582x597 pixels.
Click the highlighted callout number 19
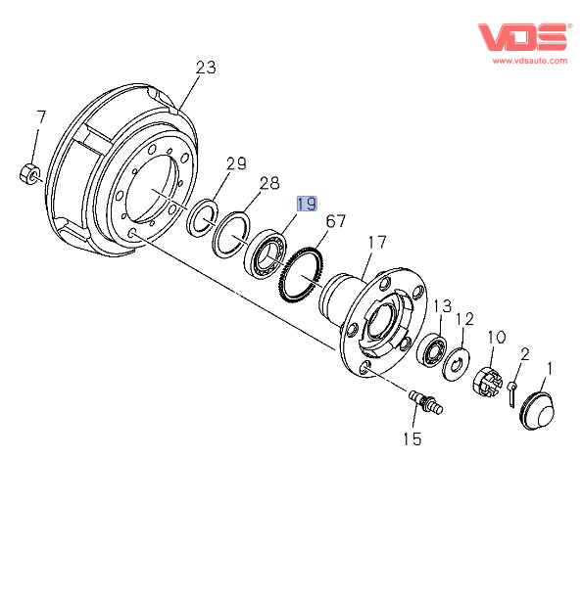tap(307, 205)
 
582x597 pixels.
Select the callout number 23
tap(206, 68)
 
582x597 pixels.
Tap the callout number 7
tap(41, 117)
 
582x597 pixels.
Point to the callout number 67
tap(336, 221)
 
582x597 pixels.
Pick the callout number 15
tap(412, 439)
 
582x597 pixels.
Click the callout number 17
tap(377, 242)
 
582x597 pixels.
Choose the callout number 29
tap(236, 163)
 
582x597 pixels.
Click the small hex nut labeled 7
tap(29, 174)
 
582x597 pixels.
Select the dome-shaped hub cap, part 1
tap(538, 412)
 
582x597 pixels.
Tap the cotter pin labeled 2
tap(511, 393)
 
